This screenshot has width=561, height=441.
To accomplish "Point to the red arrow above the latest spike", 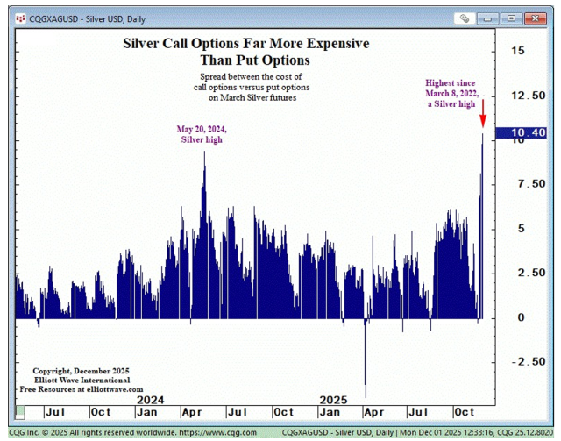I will coord(482,113).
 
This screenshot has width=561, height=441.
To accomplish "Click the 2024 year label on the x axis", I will coord(151,400).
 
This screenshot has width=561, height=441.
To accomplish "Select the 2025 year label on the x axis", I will coord(333,400).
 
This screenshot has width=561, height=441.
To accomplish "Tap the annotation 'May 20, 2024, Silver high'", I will coord(202,134).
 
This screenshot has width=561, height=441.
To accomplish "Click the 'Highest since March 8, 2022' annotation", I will coord(451,93).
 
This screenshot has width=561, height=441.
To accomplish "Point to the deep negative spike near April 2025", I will coord(365,368).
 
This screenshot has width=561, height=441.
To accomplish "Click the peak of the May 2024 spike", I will coord(204,153).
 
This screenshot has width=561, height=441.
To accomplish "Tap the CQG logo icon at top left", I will coord(19,18).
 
